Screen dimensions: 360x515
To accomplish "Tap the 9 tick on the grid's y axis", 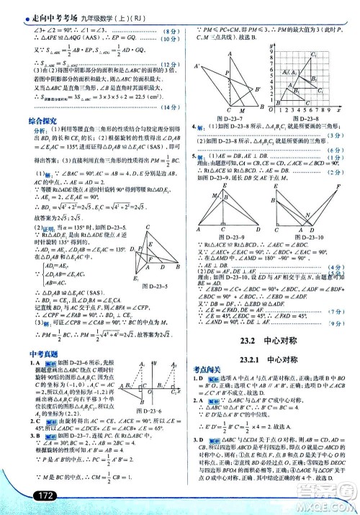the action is [x=269, y=46].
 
